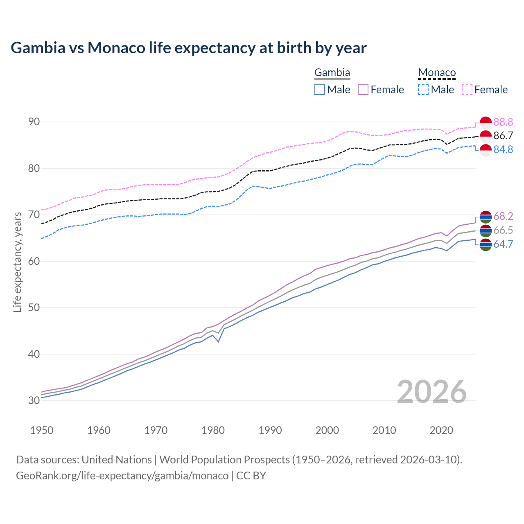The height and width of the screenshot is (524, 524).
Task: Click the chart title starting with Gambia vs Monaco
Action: pyautogui.click(x=189, y=48)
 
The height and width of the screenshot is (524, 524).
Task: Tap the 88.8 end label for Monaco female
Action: pyautogui.click(x=503, y=122)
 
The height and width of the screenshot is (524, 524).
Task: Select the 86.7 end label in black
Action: pyautogui.click(x=503, y=136)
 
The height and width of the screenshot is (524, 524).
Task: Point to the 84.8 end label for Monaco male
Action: pyautogui.click(x=503, y=150)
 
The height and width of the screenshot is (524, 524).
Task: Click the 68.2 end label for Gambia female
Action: pyautogui.click(x=503, y=216)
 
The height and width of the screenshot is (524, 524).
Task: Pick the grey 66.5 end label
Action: pyautogui.click(x=503, y=230)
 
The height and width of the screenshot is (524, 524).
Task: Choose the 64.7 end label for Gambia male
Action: pyautogui.click(x=503, y=244)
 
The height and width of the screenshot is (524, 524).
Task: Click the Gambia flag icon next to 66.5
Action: pyautogui.click(x=486, y=230)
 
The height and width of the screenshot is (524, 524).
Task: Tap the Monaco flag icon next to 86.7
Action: pyautogui.click(x=486, y=136)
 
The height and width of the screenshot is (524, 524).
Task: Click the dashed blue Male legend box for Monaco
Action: pyautogui.click(x=423, y=90)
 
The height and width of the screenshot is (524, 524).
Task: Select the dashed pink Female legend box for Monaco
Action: pyautogui.click(x=467, y=90)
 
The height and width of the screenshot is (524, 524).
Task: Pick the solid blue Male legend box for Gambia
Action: pyautogui.click(x=320, y=90)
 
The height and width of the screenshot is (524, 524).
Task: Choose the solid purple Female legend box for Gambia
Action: pyautogui.click(x=364, y=90)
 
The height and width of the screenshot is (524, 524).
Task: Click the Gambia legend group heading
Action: pyautogui.click(x=332, y=73)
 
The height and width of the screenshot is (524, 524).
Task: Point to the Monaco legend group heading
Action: pyautogui.click(x=437, y=73)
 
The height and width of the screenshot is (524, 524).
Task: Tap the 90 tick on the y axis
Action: pyautogui.click(x=34, y=122)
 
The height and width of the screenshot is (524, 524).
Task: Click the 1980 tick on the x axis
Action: pyautogui.click(x=213, y=430)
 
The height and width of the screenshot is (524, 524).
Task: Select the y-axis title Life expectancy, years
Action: pyautogui.click(x=17, y=262)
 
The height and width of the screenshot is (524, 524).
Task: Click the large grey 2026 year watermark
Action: pyautogui.click(x=432, y=392)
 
